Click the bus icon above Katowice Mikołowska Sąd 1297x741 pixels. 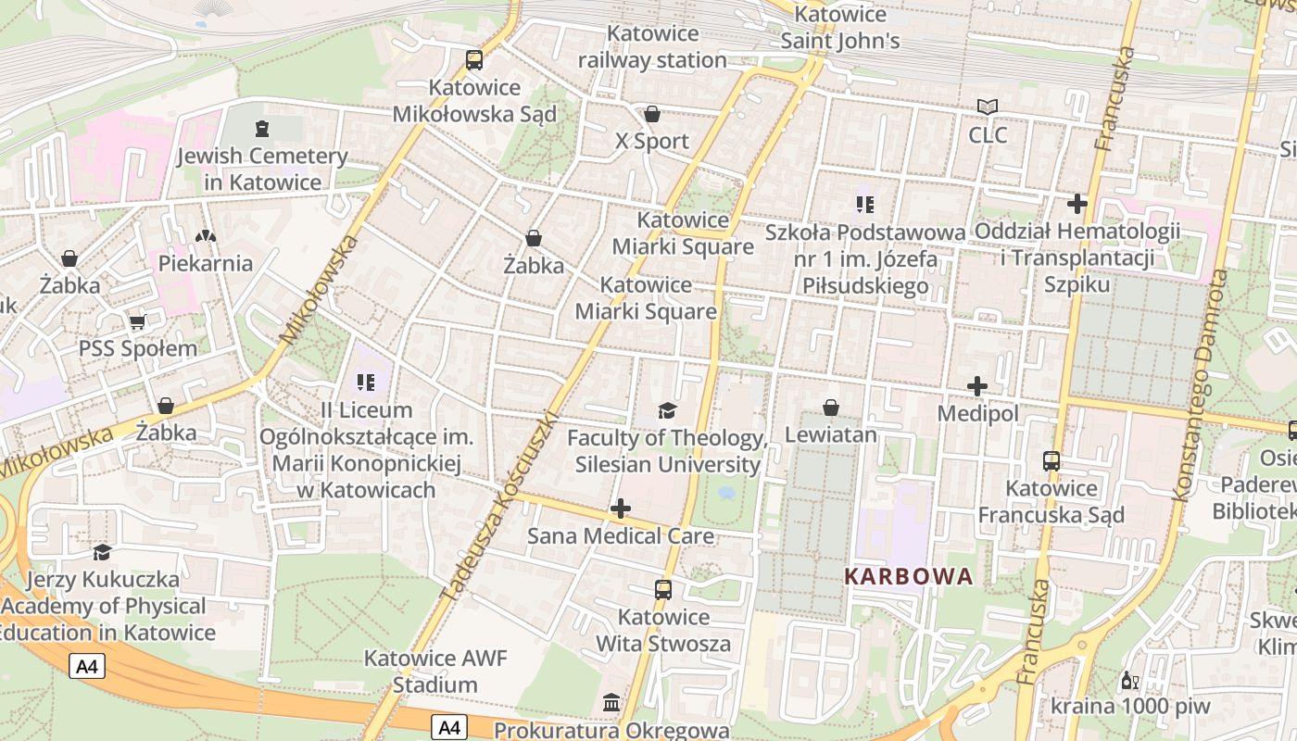(x=473, y=60)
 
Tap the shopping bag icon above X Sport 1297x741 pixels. (x=652, y=114)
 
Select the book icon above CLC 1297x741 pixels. (x=988, y=107)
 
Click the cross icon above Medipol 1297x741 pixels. (x=977, y=386)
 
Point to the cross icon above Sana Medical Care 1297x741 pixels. (x=621, y=509)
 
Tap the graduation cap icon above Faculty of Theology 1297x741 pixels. (x=667, y=410)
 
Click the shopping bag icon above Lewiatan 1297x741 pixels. (x=831, y=408)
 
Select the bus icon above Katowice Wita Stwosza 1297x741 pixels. (x=663, y=589)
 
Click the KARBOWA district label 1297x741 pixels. (x=908, y=576)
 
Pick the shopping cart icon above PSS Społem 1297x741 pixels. (x=137, y=321)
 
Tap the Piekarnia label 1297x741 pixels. (x=206, y=263)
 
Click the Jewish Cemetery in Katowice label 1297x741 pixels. (x=262, y=169)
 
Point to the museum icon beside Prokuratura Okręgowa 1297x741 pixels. (x=611, y=704)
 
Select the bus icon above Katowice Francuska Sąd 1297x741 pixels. (x=1051, y=460)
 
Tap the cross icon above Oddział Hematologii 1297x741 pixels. (x=1077, y=203)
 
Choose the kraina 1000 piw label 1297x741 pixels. (x=1130, y=706)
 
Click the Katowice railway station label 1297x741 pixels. (x=653, y=46)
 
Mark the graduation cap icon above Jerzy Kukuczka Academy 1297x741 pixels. (x=102, y=552)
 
